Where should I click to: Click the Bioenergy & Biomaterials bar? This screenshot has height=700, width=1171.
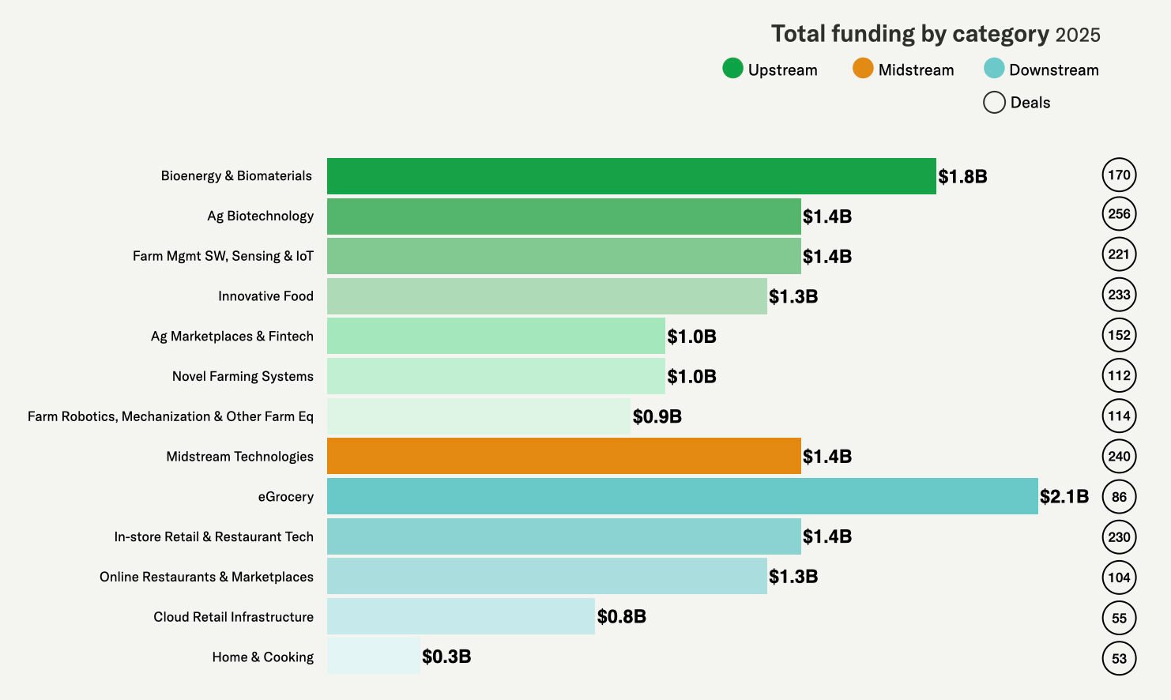631,176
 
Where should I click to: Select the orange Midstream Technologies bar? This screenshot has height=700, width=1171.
563,456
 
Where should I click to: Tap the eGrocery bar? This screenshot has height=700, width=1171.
682,496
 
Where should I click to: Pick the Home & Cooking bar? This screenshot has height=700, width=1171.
373,657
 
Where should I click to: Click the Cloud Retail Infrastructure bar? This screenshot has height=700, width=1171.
461,616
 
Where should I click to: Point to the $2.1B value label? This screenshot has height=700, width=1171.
1064,496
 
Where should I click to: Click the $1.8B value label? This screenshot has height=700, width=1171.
962,176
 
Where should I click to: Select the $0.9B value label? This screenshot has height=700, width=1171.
657,416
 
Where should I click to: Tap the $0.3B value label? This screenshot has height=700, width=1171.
446,657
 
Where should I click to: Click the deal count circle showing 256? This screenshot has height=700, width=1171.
1119,214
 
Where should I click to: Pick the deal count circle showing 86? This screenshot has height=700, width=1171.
1119,497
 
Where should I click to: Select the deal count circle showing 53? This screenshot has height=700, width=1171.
1119,658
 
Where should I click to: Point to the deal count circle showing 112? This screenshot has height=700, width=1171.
1119,375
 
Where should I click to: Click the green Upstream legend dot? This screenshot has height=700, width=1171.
732,69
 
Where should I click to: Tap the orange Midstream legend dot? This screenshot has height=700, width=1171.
863,69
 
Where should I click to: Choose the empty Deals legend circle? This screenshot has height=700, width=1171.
994,103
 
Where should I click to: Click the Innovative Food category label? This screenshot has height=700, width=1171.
265,296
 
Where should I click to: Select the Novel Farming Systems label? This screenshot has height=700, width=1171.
243,376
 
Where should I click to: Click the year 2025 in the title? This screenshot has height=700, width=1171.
1078,35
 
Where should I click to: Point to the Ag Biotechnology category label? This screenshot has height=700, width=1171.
260,216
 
